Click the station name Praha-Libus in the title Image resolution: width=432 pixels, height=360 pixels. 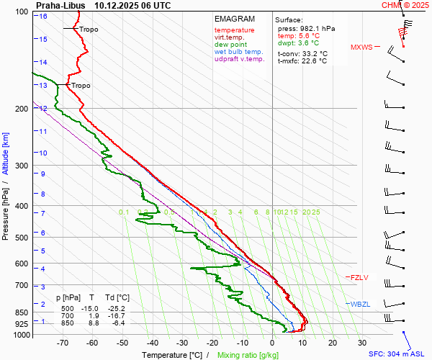[60, 5]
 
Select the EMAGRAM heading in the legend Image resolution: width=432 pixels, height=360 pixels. [235, 19]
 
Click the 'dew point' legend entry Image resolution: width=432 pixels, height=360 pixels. [230, 44]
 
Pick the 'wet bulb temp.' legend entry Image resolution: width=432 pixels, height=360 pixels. [238, 51]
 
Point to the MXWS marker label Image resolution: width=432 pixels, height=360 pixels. [361, 48]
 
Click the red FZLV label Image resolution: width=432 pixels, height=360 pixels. [359, 277]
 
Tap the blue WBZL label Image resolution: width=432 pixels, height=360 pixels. [359, 304]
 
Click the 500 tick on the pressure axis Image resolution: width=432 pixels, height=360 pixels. [24, 238]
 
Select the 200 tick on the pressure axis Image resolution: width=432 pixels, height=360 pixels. [24, 109]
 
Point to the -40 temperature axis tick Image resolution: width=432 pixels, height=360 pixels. [152, 343]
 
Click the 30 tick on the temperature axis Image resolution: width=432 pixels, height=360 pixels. [361, 343]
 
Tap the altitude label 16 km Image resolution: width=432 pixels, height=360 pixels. [44, 17]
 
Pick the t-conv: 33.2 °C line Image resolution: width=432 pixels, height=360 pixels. [302, 53]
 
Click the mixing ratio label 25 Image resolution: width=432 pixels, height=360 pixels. [315, 212]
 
